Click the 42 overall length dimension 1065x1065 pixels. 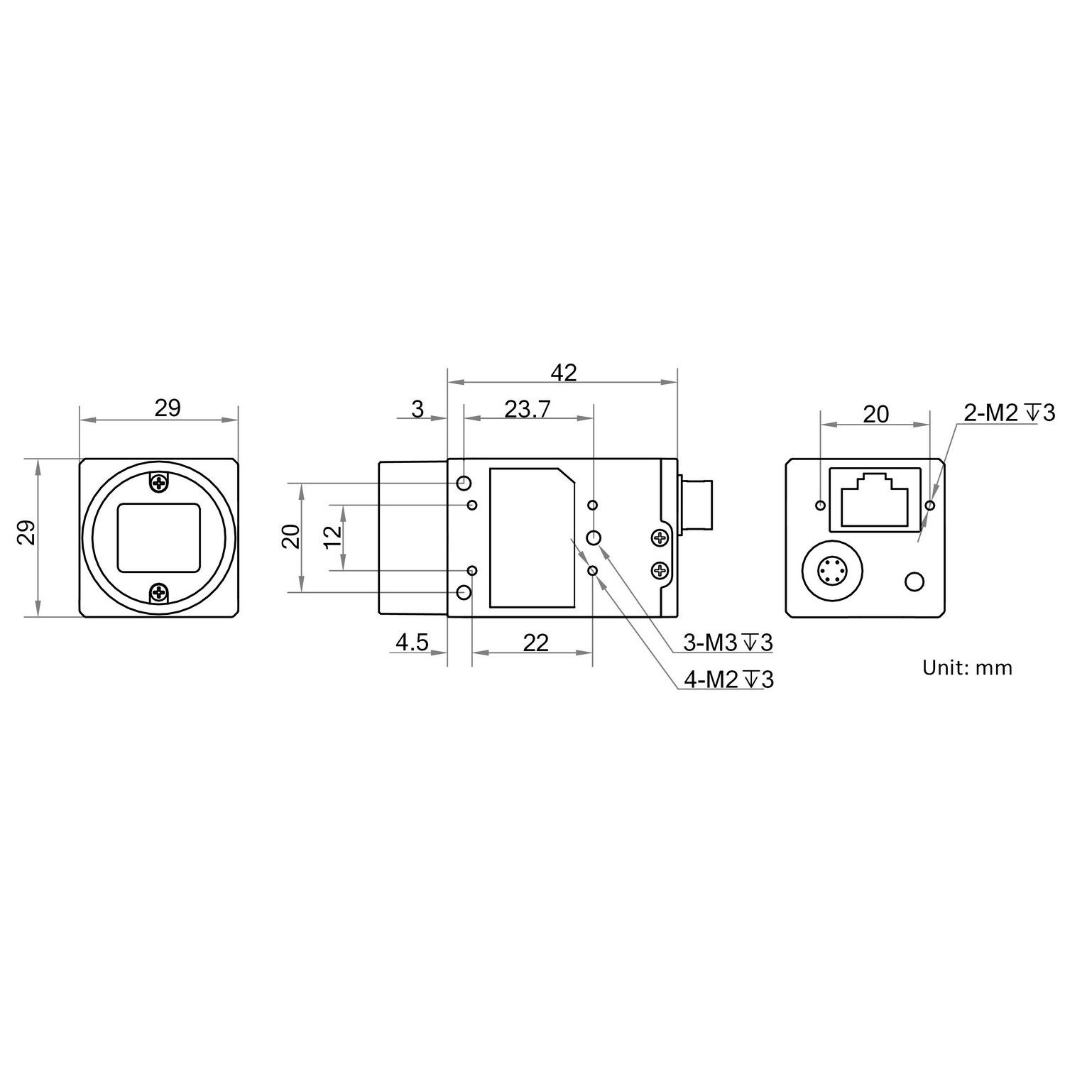564,373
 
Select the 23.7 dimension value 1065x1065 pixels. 528,410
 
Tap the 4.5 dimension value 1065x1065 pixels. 412,643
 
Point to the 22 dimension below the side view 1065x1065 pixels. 536,643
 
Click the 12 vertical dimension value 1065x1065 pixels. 332,537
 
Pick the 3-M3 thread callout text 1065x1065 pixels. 728,643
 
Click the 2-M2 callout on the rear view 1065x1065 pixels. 1009,413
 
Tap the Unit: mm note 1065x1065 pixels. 967,667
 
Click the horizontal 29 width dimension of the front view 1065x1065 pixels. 168,408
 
